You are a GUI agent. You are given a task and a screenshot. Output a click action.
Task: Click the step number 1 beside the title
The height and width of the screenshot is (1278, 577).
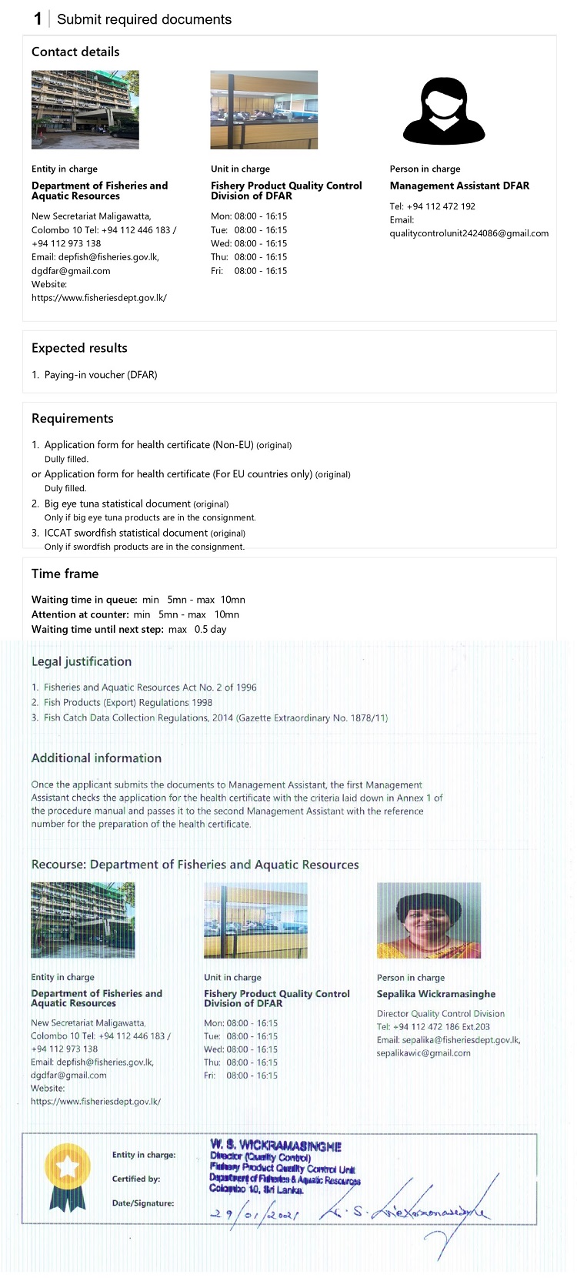(38, 19)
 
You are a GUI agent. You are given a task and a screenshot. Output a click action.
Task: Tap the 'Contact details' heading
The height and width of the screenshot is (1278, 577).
(75, 52)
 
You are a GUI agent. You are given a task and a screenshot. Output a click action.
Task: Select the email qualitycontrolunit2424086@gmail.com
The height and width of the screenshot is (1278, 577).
(469, 233)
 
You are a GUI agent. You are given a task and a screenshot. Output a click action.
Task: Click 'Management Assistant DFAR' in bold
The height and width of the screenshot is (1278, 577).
(459, 186)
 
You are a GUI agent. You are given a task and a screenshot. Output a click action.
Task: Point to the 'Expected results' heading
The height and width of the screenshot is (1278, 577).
(79, 348)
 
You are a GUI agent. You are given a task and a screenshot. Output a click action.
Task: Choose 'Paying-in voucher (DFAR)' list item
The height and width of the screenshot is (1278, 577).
(100, 375)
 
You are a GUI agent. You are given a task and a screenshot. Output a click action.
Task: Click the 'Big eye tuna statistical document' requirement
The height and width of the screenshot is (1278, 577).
(117, 504)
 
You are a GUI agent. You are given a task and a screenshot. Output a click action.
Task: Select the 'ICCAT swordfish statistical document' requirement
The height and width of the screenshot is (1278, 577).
(125, 533)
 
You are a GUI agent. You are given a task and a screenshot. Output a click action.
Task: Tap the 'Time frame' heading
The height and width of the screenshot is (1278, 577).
(65, 574)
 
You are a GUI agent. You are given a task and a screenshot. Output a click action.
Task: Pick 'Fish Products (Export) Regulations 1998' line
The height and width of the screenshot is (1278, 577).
(128, 702)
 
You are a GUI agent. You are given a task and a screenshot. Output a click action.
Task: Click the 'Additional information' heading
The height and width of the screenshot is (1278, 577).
(96, 758)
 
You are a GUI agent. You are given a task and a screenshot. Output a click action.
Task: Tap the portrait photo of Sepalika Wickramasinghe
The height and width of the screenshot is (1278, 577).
(429, 920)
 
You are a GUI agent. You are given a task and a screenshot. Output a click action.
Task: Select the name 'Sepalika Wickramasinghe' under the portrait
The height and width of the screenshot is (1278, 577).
(435, 994)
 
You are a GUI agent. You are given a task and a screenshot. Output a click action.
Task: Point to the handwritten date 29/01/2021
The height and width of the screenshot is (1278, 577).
(254, 1214)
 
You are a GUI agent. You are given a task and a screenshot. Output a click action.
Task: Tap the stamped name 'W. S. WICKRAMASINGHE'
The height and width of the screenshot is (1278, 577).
(275, 1146)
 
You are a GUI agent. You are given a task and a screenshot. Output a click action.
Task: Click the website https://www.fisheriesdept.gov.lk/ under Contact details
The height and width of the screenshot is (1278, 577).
(98, 298)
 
